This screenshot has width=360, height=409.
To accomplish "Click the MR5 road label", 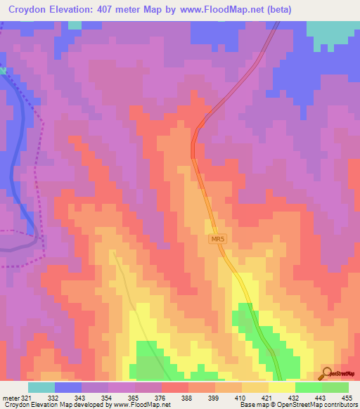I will pos(217,240).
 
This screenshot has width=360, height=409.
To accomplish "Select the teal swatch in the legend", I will pos(41,387).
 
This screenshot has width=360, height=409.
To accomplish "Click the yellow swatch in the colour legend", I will pos(281,387).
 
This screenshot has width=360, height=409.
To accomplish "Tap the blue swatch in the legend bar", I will pos(67,387).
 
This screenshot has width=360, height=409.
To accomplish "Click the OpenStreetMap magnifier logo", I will pos(327,374).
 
